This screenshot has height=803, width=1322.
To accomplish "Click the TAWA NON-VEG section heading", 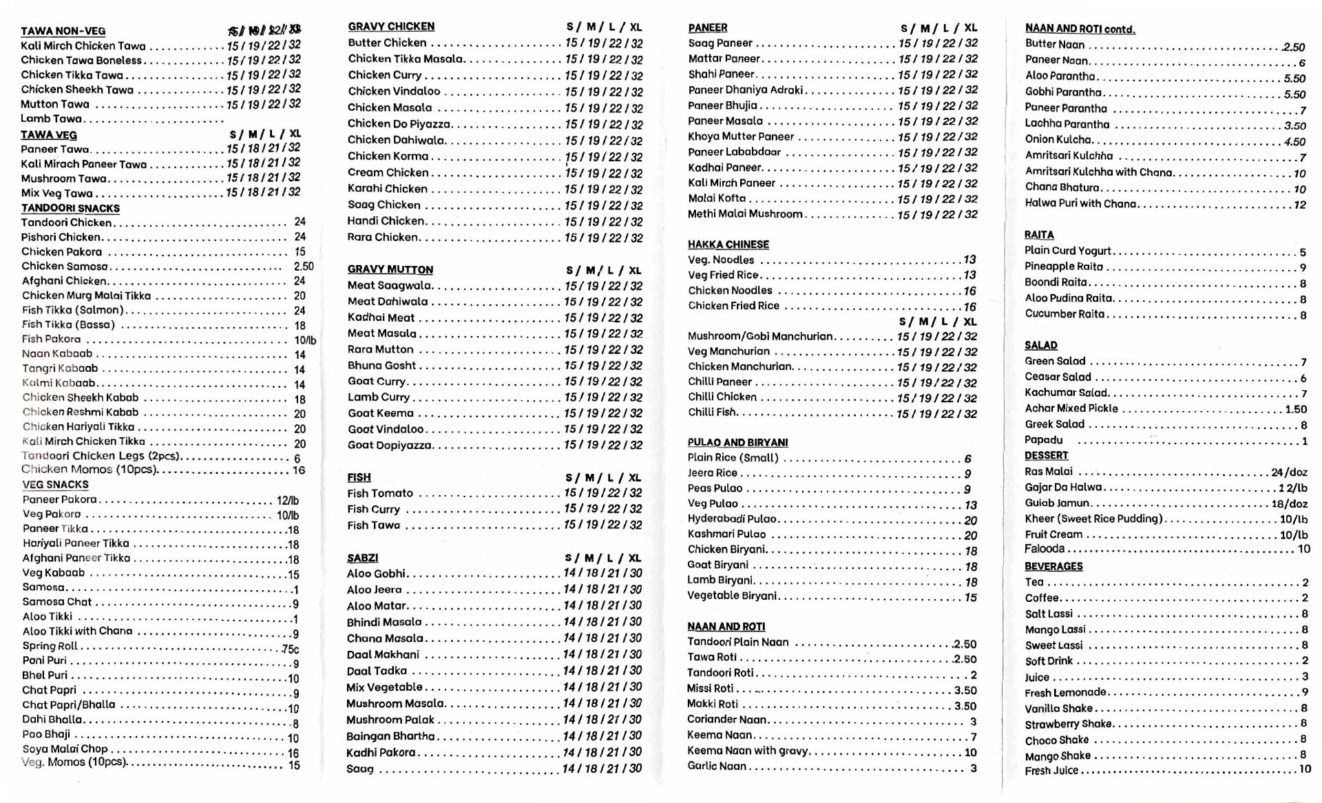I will click(x=63, y=31).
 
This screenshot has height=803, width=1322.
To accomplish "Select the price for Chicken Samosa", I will click(x=303, y=266).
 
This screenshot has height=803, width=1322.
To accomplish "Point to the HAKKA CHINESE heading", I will click(x=728, y=244).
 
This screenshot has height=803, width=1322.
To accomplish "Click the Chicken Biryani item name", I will click(x=726, y=550).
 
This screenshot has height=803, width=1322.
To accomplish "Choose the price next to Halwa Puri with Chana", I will click(x=1299, y=205).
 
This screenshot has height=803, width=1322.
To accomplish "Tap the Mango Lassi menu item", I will click(x=1055, y=629).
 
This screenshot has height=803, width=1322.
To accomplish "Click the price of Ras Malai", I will click(x=1289, y=472).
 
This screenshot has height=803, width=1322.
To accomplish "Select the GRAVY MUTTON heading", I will click(x=390, y=269).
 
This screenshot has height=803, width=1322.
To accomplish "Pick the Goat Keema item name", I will click(x=380, y=413).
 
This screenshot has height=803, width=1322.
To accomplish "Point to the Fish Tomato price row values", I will click(x=603, y=493).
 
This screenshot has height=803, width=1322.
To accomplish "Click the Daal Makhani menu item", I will click(x=383, y=654).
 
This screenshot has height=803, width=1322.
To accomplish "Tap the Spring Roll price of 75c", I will click(x=290, y=649).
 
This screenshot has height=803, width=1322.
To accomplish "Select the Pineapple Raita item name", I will click(x=1063, y=267).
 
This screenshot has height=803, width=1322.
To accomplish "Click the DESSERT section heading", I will click(x=1046, y=456).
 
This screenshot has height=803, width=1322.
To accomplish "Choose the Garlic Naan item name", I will click(x=716, y=766).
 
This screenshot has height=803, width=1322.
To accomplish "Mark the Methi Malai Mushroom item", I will click(x=745, y=214).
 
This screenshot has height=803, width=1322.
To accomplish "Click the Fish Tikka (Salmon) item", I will click(x=72, y=310).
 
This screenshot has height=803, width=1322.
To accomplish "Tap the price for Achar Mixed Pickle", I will click(x=1295, y=409).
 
